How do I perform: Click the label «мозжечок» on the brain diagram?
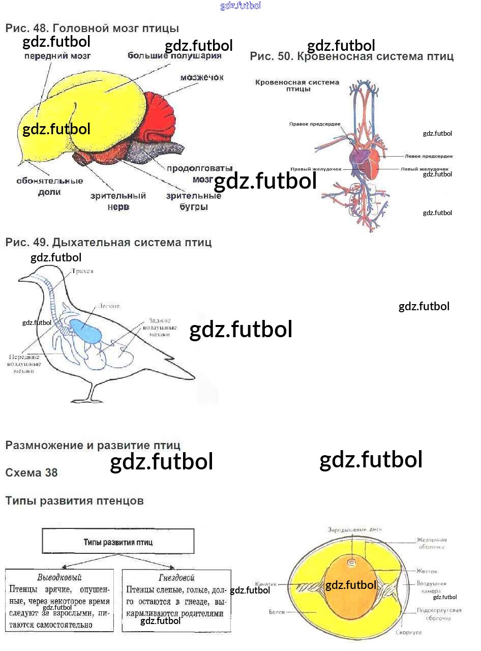(201, 78)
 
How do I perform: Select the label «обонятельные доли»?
(49, 186)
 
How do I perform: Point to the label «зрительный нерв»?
(118, 201)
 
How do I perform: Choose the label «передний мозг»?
(57, 55)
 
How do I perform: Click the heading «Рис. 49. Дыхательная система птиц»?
(108, 243)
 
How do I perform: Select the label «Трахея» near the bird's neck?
(82, 272)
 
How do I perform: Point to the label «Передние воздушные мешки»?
(23, 364)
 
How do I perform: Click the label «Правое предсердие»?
(315, 124)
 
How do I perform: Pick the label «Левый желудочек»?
(424, 169)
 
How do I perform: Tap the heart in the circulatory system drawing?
(367, 161)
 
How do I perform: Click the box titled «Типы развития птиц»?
(118, 542)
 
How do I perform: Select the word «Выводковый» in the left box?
(59, 577)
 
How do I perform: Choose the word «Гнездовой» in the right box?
(176, 577)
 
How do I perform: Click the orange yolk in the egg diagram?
(351, 585)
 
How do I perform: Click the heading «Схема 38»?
(32, 472)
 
